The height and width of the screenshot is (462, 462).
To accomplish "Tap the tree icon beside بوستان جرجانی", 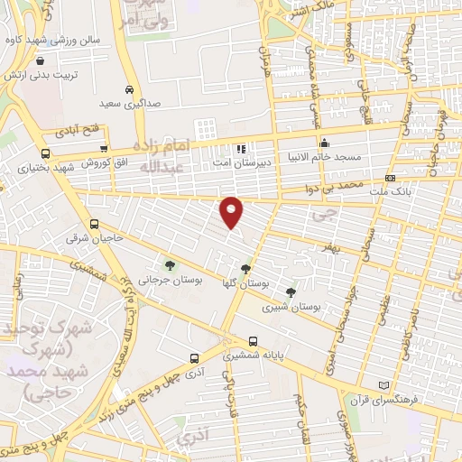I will (170, 265).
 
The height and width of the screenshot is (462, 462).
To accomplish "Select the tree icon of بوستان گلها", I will (245, 269).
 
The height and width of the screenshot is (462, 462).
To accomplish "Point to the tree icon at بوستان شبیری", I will (290, 291).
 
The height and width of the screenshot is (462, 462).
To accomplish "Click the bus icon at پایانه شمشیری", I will (253, 342).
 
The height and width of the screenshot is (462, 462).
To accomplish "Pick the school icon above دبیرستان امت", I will (240, 149).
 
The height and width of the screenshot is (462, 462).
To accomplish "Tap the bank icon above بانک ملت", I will (390, 179).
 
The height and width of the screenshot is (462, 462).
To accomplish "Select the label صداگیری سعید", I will (131, 105).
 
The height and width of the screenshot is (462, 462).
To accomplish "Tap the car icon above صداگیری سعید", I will (131, 90).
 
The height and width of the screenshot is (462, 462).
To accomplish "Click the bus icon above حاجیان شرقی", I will (94, 225).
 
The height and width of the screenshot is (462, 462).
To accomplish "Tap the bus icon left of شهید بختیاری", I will (45, 153).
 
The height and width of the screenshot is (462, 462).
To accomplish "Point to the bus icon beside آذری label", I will (193, 357).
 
